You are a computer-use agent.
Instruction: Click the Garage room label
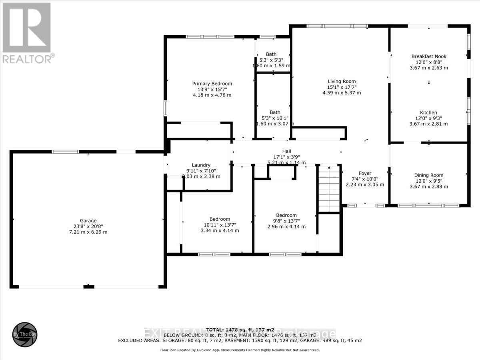coord(88,220)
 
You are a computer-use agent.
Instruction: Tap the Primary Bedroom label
coord(212,84)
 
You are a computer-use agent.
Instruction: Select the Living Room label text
coord(341,81)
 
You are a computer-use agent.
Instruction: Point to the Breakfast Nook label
coord(429,56)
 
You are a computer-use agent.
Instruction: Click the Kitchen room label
coord(428,112)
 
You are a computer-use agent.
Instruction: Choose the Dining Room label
coord(428,175)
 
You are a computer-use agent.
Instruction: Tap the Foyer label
coord(364,173)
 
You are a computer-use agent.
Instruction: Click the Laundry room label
coord(201,165)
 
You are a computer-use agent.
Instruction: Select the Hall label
coord(286,152)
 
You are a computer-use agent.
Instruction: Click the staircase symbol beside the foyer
coord(329,188)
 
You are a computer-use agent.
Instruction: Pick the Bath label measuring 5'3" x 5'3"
coord(271,54)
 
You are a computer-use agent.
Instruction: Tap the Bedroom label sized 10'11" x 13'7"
coord(220,219)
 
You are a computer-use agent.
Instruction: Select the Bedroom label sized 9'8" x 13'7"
coord(286,215)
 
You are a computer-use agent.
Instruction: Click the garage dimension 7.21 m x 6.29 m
coord(88,232)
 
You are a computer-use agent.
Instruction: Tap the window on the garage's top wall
coord(66,152)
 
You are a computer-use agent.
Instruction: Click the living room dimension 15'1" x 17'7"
coord(341,87)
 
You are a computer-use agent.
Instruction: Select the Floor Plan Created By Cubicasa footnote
coord(240,350)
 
